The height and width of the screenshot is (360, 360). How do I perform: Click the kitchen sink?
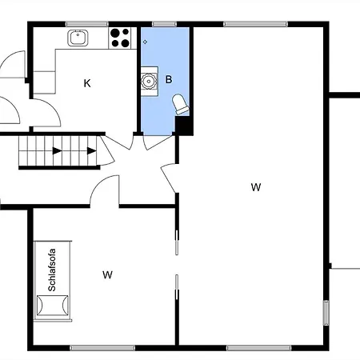click(x=78, y=38)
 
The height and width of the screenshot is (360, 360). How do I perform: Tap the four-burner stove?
click(x=120, y=38)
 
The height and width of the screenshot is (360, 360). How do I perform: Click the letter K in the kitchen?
click(x=87, y=83)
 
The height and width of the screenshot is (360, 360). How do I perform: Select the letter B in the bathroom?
click(x=169, y=79)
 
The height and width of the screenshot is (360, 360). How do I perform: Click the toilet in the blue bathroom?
click(x=181, y=104)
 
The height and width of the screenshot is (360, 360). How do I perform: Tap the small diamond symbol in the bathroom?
click(x=145, y=42)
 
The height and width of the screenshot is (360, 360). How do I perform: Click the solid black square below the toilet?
click(x=183, y=126)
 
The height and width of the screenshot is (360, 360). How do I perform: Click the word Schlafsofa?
click(x=52, y=270)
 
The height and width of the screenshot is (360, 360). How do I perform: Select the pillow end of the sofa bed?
click(x=52, y=306)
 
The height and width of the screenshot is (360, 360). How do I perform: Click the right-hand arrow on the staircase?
click(x=92, y=151)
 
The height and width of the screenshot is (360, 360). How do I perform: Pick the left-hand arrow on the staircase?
click(x=57, y=151)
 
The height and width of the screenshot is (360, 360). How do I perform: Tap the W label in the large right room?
click(x=256, y=187)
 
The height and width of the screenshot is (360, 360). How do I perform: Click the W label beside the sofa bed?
click(x=107, y=274)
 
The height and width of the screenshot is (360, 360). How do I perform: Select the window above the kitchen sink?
click(x=87, y=24)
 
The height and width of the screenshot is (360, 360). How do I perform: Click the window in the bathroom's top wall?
click(x=164, y=24)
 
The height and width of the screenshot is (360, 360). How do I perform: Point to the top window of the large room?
click(x=255, y=24)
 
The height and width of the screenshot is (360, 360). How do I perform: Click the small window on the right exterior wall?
click(x=326, y=313)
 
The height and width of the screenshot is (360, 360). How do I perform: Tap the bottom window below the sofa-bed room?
click(x=102, y=348)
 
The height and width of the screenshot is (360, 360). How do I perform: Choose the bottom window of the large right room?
click(x=258, y=348)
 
